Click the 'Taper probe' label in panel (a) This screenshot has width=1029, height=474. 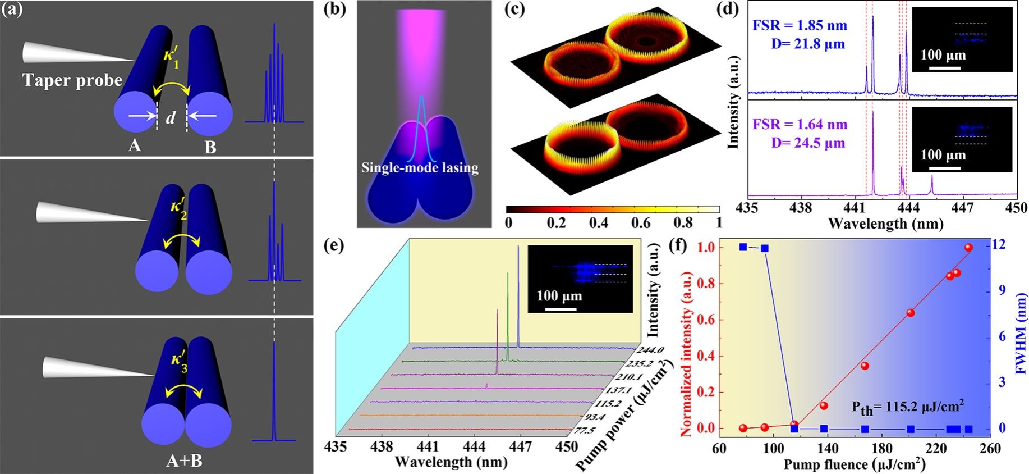click(x=72, y=80)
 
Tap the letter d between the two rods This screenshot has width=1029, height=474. click(x=171, y=117)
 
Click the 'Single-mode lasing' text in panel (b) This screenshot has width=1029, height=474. click(x=420, y=167)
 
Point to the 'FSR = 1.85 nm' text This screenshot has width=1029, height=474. click(x=800, y=26)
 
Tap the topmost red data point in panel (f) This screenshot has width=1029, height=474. click(x=968, y=248)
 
